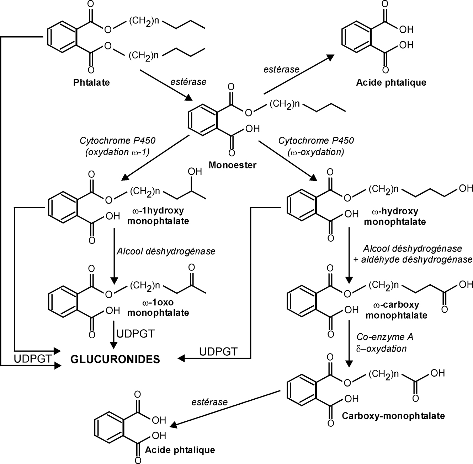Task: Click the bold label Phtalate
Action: coord(91,82)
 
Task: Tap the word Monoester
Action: coord(233,165)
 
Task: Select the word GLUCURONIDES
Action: coord(115,359)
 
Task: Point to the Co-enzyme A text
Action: coord(385,337)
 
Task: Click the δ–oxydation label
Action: coord(381,348)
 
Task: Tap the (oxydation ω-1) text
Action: coord(117,152)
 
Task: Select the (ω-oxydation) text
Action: coord(316,152)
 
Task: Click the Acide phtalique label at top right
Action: coord(391,82)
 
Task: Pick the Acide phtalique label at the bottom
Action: coord(180,450)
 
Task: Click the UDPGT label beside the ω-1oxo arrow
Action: coord(135,334)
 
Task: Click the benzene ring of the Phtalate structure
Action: coord(62,37)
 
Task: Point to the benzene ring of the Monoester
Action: coord(203,120)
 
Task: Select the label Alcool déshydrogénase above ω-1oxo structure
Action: coord(166,252)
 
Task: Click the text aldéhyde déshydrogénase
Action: coord(417,259)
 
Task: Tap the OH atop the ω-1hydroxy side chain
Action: coord(195,172)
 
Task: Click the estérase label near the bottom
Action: coord(209,402)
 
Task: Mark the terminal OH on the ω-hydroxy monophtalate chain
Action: coord(466,188)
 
